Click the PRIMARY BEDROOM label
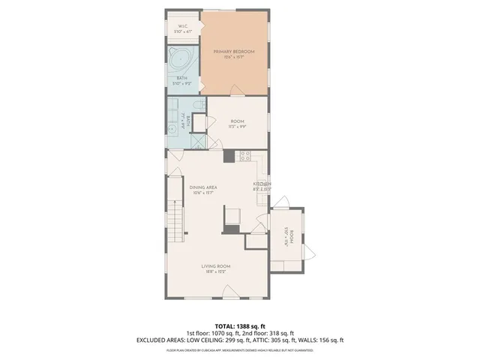(x=233, y=51)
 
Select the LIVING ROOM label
(x=215, y=266)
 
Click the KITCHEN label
(x=262, y=184)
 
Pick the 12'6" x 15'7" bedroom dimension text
(x=233, y=58)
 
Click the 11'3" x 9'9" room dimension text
(x=237, y=127)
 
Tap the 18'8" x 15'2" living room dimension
(x=215, y=272)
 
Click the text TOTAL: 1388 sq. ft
(x=239, y=326)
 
